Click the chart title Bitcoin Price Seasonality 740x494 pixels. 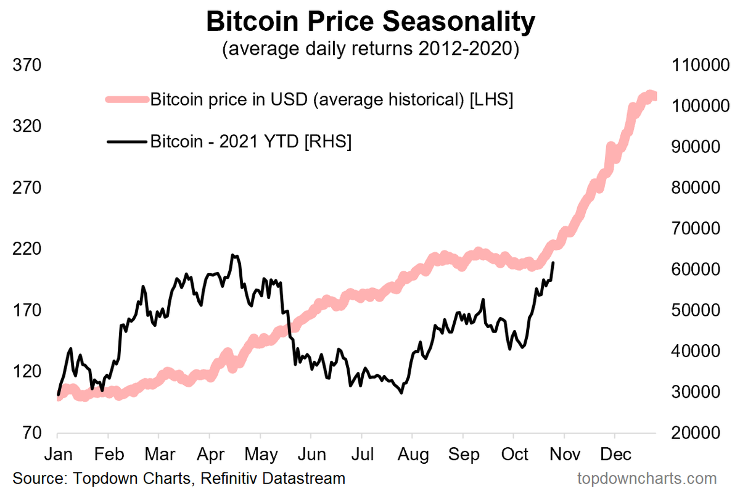[370, 22]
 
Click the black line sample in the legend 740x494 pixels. [127, 142]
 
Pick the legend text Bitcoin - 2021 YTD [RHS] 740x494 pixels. [251, 142]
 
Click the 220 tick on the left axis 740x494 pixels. [27, 249]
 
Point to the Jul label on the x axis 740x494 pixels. [364, 455]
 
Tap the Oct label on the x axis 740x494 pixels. [515, 455]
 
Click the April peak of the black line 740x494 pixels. [233, 255]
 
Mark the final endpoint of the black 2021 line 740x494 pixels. [553, 263]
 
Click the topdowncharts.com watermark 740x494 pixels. [647, 478]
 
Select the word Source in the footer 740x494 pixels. [36, 478]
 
